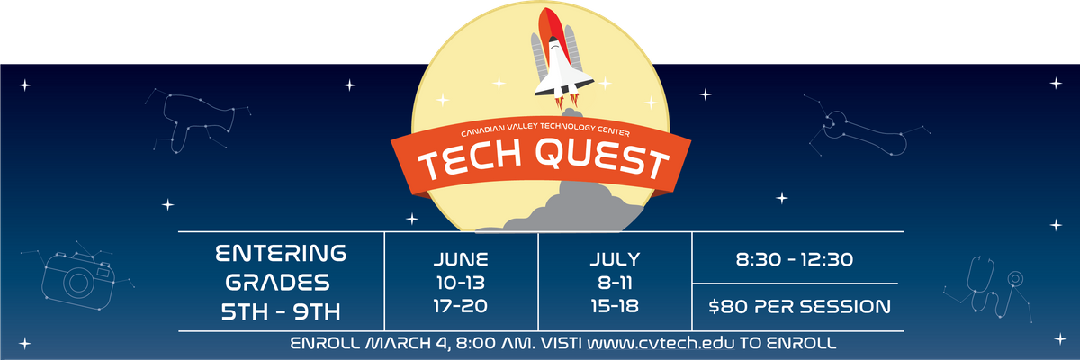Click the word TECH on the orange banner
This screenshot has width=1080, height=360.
(470, 161)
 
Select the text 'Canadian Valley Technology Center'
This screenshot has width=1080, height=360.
(545, 130)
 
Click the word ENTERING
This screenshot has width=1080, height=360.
(281, 254)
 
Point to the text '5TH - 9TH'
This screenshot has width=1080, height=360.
(281, 311)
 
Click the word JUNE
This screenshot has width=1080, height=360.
(461, 260)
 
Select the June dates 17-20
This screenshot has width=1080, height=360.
(461, 306)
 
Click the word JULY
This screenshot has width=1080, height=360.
(616, 260)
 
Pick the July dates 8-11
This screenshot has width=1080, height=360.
(616, 283)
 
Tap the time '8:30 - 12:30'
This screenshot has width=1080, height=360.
(795, 260)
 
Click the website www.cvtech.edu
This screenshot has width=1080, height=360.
(661, 343)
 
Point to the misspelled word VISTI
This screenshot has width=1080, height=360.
(562, 343)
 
